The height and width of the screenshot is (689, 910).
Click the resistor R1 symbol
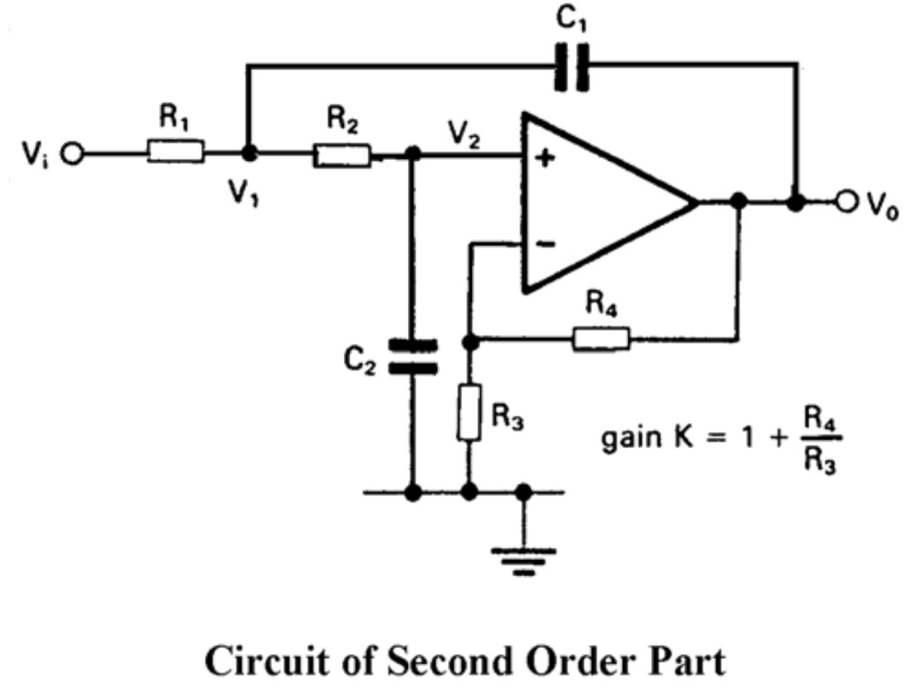pos(176,153)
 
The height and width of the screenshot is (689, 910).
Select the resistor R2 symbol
pos(341,156)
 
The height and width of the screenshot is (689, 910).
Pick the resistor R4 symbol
pos(602,339)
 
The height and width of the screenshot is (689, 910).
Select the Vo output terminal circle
pos(843,203)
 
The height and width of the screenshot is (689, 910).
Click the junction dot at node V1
pos(250,154)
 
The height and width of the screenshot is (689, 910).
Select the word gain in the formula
pos(635,441)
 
